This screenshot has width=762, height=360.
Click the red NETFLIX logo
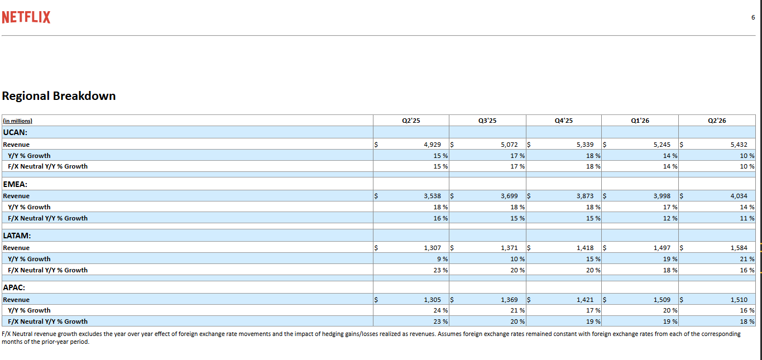coord(26,17)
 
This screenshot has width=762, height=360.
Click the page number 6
coord(753,17)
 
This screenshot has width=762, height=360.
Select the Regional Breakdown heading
coord(59,96)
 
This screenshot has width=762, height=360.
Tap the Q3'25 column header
coord(487,121)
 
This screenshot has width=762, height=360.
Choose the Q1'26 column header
coord(640,121)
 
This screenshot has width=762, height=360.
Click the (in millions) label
coord(18,121)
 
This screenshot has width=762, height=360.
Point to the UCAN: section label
coord(15,132)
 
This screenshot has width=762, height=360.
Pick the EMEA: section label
coord(15,184)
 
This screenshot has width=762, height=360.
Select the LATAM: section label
coord(17,236)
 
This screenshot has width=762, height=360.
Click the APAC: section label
coord(14,287)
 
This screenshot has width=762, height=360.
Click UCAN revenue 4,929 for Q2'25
coord(432,145)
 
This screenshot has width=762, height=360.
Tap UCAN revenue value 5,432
coord(739,145)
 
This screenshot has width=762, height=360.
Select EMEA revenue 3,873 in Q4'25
coord(585,196)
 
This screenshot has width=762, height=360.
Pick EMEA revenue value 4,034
coord(739,196)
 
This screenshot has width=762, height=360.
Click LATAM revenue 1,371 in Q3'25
coord(509,248)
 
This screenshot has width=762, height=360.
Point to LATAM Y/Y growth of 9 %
coord(442,259)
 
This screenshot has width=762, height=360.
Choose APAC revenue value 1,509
coord(662,300)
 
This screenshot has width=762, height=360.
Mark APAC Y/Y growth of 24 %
coord(440,310)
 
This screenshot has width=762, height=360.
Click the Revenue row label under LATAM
coord(16,248)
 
